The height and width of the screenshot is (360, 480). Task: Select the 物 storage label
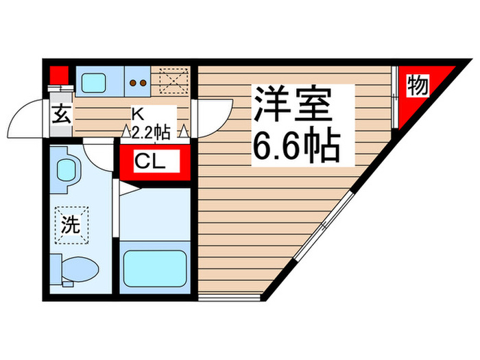click(417, 86)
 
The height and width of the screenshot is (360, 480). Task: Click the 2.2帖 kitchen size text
click(152, 132)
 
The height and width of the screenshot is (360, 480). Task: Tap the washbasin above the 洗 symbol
click(67, 169)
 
